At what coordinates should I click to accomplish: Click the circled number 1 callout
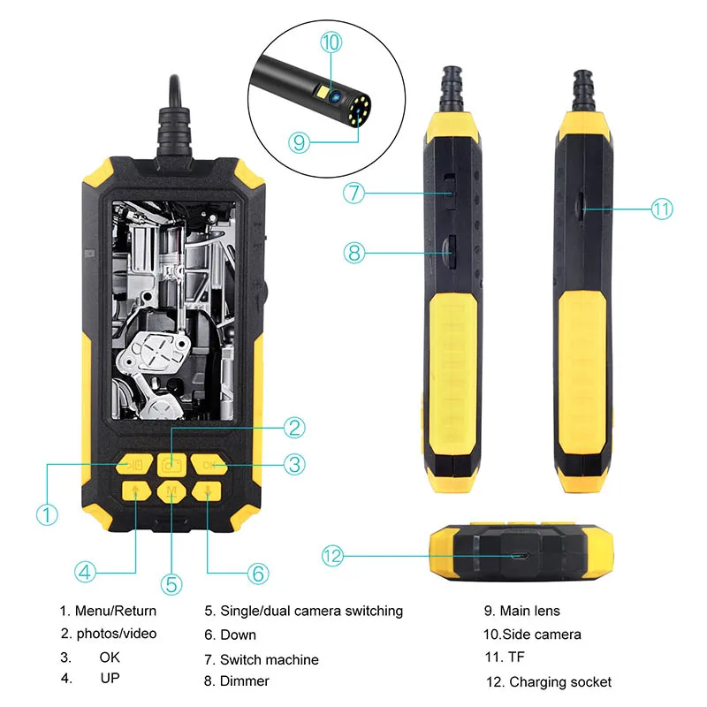click(x=47, y=513)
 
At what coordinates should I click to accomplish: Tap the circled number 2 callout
click(x=295, y=427)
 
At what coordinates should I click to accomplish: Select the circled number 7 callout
click(x=354, y=193)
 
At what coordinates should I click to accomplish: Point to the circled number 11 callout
click(x=662, y=209)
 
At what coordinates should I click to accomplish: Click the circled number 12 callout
click(x=332, y=556)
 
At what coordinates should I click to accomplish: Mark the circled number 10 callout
click(x=331, y=42)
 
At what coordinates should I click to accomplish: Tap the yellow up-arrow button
click(x=134, y=492)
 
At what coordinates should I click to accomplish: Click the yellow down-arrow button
click(x=207, y=492)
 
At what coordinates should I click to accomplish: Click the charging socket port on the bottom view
click(x=521, y=557)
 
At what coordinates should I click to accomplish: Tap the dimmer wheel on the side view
click(x=449, y=252)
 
